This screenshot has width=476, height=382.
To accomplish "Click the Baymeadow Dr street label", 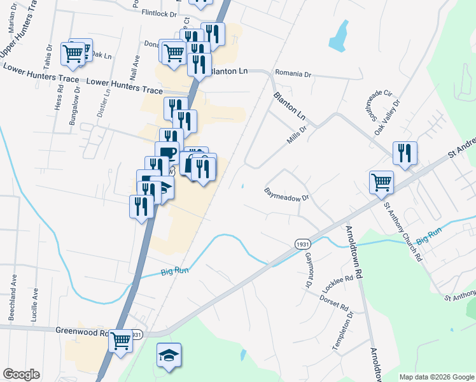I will click(x=286, y=194).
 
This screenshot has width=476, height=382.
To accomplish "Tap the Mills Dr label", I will click(x=297, y=134).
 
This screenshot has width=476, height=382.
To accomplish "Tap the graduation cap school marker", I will click(x=169, y=355).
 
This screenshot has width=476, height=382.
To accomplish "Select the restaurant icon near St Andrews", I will click(x=405, y=152).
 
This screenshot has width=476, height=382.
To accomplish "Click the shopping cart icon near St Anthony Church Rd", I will click(x=381, y=181).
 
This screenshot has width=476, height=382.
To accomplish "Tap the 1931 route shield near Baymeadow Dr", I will click(x=303, y=244).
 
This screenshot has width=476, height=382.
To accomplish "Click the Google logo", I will click(x=21, y=375).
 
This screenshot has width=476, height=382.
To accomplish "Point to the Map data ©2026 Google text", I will click(x=435, y=377).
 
